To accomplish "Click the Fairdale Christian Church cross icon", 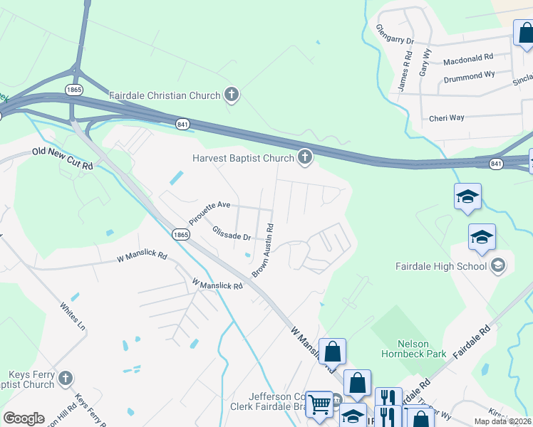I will (x=231, y=95).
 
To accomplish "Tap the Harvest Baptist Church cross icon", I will (x=305, y=157).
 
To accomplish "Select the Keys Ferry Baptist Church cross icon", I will (x=66, y=379).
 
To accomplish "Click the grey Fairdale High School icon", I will (x=499, y=266).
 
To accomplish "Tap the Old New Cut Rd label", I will (x=63, y=159).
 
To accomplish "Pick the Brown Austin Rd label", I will (x=262, y=251).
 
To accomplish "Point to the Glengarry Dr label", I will (x=394, y=35).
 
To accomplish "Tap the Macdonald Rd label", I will (x=467, y=59).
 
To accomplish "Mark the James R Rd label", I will (x=404, y=75).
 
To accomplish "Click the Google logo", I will (x=24, y=418).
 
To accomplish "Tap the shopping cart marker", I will (x=319, y=404).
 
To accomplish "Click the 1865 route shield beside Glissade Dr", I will (x=180, y=234).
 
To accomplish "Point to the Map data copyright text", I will (x=502, y=421).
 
